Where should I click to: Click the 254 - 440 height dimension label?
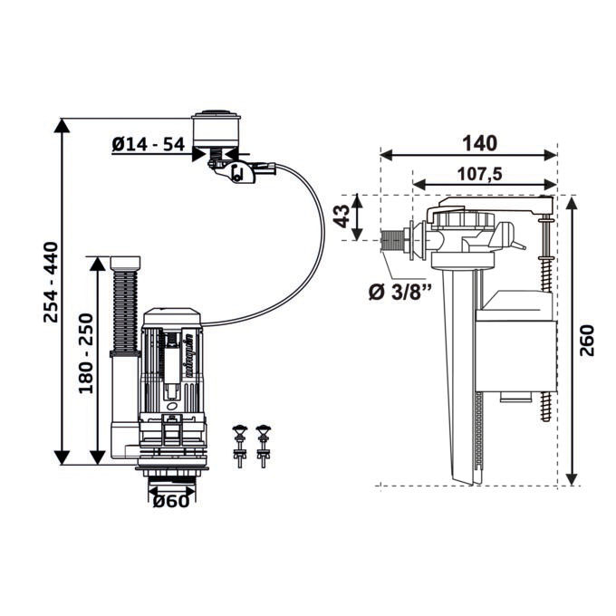[x=51, y=283]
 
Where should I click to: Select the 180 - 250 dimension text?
[x=86, y=353]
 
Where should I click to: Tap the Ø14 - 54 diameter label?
[x=148, y=145]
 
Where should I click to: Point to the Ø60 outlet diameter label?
[x=171, y=501]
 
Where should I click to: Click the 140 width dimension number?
[x=480, y=143]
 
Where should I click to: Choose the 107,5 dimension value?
[x=480, y=174]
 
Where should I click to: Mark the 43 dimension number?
[x=342, y=217]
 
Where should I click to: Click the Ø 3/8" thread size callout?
[x=399, y=292]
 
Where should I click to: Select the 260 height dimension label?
[x=587, y=341]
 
